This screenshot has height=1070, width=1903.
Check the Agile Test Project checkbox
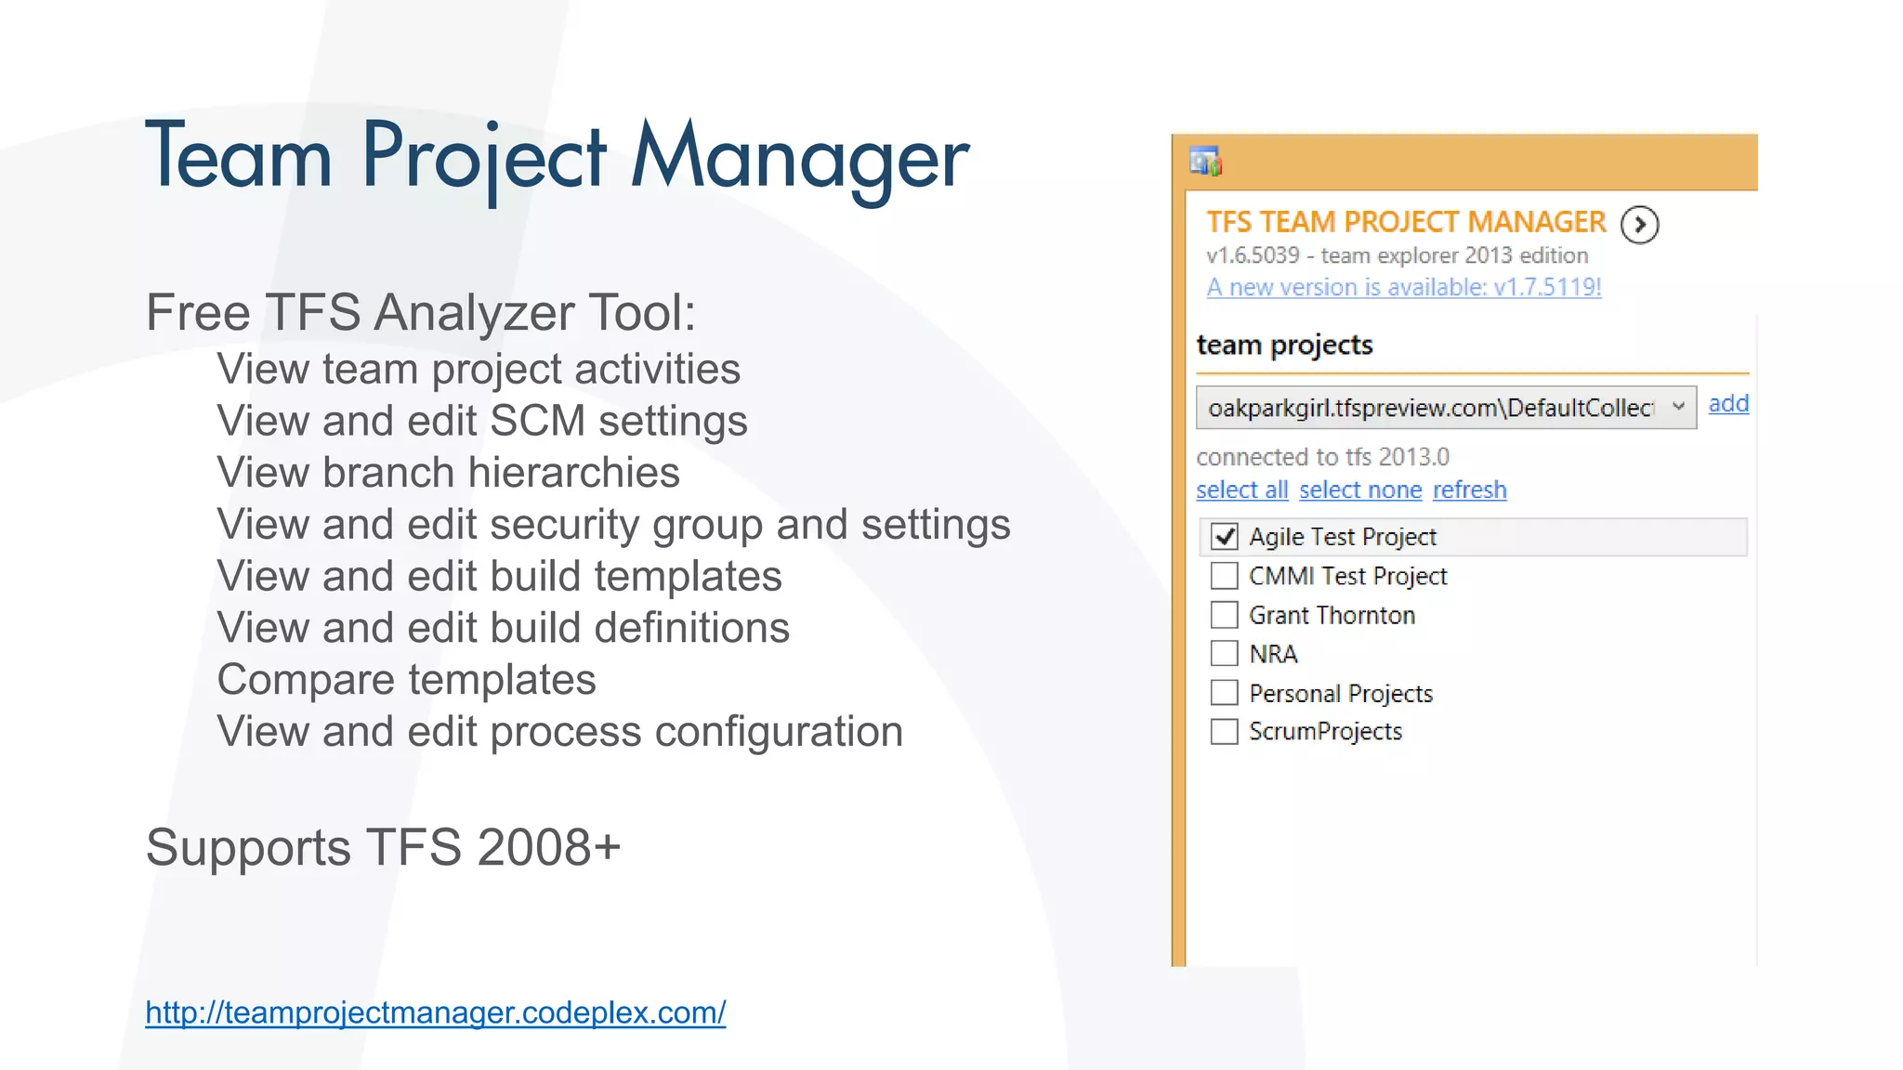1225,537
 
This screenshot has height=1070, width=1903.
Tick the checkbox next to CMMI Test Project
1225,576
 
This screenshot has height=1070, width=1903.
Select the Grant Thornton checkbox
1225,615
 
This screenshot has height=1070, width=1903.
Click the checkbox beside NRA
1225,654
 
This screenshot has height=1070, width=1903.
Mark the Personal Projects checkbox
1225,693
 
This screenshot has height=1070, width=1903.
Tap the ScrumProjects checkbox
1225,732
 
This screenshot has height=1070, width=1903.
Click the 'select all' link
1241,490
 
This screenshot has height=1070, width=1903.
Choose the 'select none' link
1360,490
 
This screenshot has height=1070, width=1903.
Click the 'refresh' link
1469,490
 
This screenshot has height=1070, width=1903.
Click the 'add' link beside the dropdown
1728,404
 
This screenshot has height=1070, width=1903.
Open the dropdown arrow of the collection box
1678,407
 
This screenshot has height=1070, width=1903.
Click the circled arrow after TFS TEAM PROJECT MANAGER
1640,225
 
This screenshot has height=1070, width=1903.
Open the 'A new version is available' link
1403,288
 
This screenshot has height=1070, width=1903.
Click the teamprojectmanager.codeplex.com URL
435,1012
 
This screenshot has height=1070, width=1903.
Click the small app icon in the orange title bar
1205,163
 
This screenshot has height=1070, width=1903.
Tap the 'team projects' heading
1284,346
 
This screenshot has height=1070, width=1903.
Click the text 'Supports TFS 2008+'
383,848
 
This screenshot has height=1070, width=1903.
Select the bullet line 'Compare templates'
406,680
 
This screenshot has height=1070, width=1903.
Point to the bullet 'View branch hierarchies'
448,473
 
